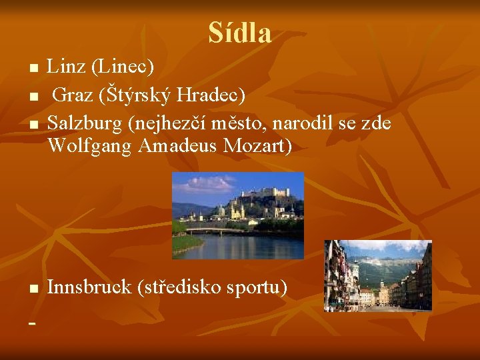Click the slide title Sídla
[x=239, y=33]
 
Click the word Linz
[x=67, y=67]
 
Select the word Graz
[x=73, y=95]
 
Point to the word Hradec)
[x=209, y=95]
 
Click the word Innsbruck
[x=89, y=287]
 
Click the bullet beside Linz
[x=33, y=68]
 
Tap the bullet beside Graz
[x=33, y=96]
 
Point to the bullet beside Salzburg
[x=33, y=125]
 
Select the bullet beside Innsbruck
[x=33, y=288]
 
